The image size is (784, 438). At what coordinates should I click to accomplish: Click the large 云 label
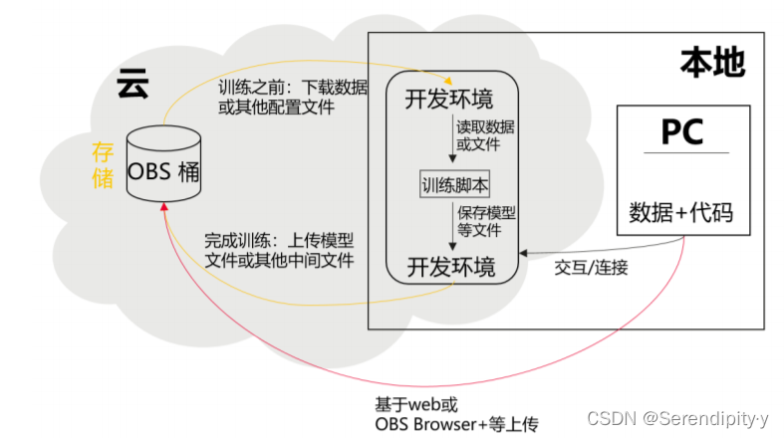pos(131,83)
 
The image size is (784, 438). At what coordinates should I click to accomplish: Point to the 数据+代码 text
pos(683,212)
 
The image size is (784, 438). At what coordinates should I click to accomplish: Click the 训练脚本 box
pos(454,185)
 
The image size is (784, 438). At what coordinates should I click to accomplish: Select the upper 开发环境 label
pos(449,100)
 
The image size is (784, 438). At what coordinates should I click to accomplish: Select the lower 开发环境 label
pos(449,266)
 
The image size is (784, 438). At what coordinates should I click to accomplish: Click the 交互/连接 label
pos(591,268)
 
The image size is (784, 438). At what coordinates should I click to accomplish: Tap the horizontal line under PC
pos(683,152)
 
